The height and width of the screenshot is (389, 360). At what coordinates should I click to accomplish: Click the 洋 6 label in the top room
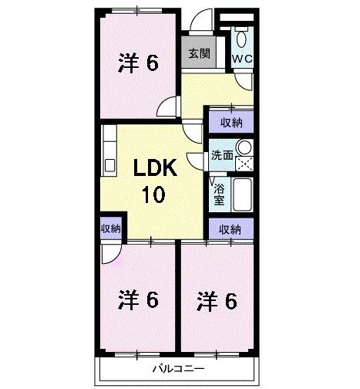click(x=139, y=64)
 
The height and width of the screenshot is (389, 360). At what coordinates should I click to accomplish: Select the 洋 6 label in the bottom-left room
click(x=139, y=299)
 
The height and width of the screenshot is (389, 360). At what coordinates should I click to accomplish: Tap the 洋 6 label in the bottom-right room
click(x=217, y=299)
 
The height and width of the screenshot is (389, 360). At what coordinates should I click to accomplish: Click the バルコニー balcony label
click(x=177, y=370)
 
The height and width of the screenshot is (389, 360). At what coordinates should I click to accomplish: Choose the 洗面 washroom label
click(x=222, y=154)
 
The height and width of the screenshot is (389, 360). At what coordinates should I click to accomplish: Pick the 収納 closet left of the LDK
click(x=110, y=228)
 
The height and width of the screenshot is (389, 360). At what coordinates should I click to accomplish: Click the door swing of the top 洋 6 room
click(x=167, y=108)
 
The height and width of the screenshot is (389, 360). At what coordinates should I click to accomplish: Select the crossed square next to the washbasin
click(x=245, y=163)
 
